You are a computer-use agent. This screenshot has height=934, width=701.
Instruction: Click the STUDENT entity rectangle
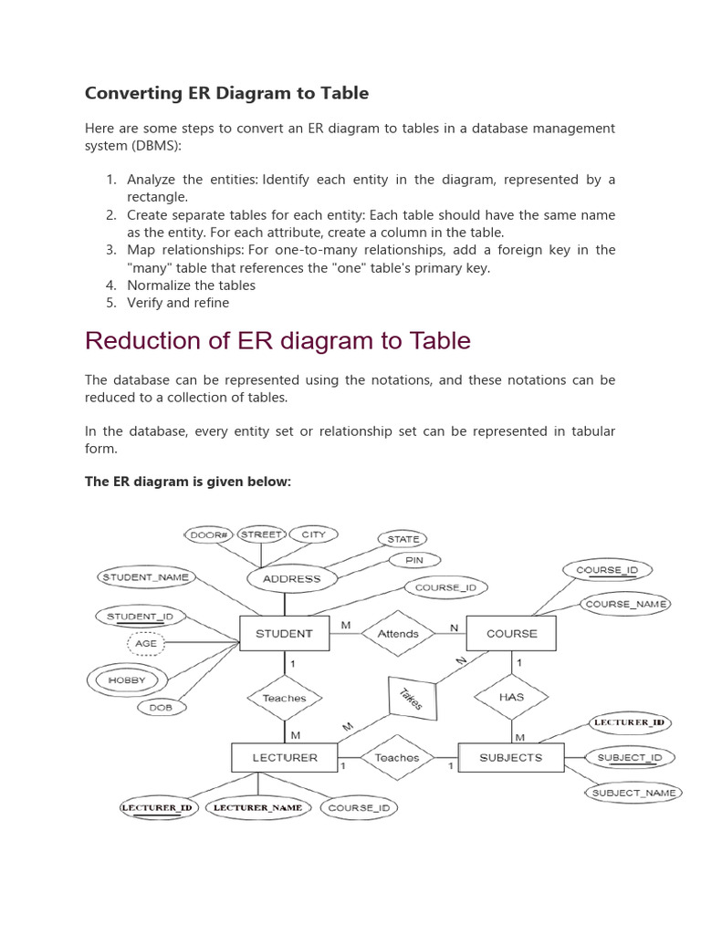pos(284,633)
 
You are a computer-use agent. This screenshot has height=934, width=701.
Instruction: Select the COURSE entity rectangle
pos(511,633)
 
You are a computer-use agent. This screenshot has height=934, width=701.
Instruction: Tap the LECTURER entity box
pos(284,757)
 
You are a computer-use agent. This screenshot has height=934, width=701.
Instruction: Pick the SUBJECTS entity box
pos(510,757)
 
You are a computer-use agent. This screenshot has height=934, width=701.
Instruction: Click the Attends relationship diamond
pos(398,633)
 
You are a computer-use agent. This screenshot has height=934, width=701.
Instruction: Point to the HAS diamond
pos(511,696)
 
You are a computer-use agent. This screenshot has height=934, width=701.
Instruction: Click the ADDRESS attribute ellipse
pos(291,578)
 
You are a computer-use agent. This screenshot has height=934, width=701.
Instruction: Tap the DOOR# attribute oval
pos(209,534)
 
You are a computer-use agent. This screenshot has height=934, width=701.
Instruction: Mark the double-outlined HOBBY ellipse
pos(127,680)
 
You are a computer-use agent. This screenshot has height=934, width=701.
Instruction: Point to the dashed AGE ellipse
pos(146,643)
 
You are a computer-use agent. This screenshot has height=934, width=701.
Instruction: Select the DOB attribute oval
pos(161,707)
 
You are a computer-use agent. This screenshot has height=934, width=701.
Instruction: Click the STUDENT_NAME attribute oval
pos(145,576)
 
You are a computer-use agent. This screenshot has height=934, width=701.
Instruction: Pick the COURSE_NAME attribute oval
pos(625,604)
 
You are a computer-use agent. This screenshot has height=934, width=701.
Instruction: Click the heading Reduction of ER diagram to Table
pos(277,340)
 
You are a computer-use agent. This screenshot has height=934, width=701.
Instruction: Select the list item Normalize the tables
pos(191,285)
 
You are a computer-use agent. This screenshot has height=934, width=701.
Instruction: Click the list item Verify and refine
pos(178,303)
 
